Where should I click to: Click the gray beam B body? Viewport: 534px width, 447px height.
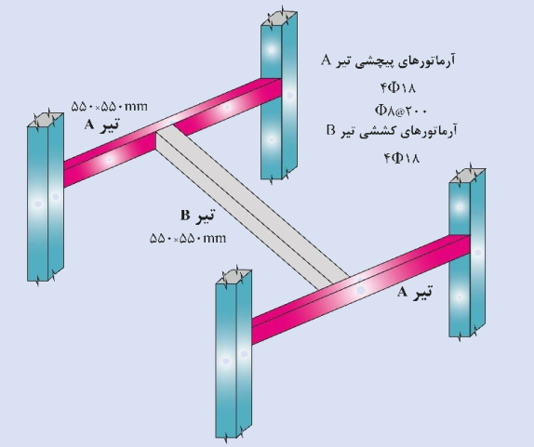252,207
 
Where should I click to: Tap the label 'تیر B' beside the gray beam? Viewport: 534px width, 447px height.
197,216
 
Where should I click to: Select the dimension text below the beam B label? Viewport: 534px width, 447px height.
188,238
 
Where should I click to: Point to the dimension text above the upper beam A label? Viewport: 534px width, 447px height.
110,107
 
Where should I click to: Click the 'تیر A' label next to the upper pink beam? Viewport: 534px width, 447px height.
101,125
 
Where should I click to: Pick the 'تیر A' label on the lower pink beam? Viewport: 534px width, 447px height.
415,292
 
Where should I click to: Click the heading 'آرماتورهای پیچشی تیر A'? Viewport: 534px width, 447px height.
388,61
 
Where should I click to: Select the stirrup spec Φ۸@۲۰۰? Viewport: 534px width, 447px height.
400,110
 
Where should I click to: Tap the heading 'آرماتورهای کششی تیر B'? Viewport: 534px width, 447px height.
392,131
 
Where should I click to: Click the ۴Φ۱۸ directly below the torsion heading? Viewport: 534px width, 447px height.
398,88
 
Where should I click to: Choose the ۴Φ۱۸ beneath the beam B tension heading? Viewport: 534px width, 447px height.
402,158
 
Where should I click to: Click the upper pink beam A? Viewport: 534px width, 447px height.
172,133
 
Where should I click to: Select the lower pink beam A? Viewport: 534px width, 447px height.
361,290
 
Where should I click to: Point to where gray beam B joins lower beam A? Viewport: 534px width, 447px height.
334,283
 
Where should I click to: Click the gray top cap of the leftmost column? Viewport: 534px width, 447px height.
46,120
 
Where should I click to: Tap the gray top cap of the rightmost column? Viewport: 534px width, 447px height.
467,176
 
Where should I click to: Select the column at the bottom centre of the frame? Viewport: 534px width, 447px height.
234,353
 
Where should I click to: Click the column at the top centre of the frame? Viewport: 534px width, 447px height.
279,95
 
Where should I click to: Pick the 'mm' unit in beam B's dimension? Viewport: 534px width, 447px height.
215,239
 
